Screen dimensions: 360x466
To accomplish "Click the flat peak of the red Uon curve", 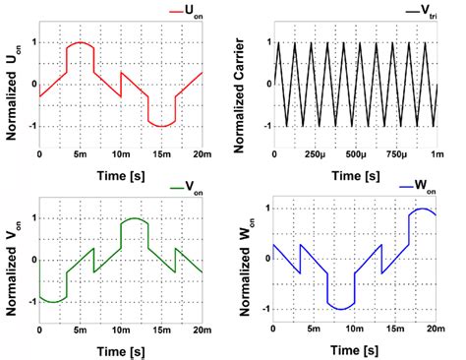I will pos(79,43).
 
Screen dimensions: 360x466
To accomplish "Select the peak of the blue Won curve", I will pos(423,209).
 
